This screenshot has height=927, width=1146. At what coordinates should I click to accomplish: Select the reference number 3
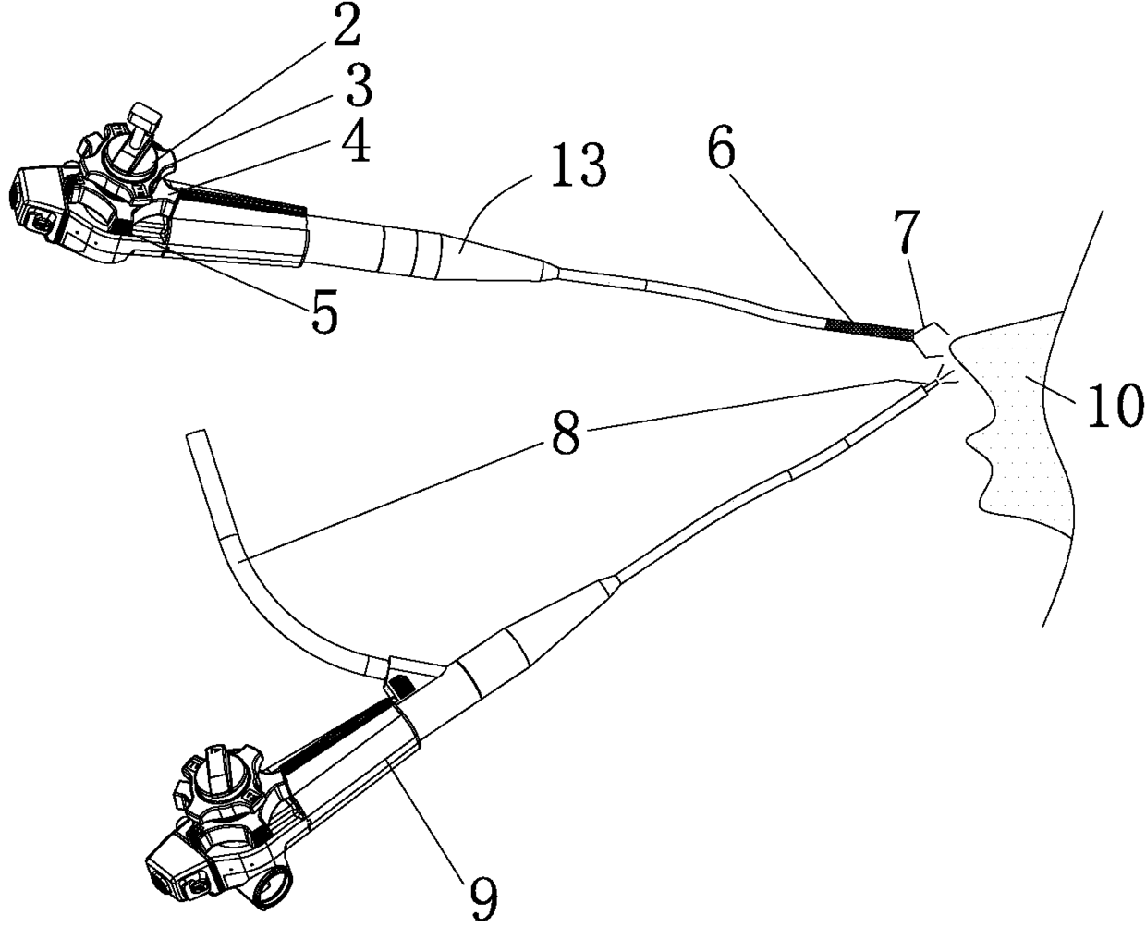tap(352, 89)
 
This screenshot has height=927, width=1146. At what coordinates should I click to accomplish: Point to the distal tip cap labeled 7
tap(932, 339)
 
